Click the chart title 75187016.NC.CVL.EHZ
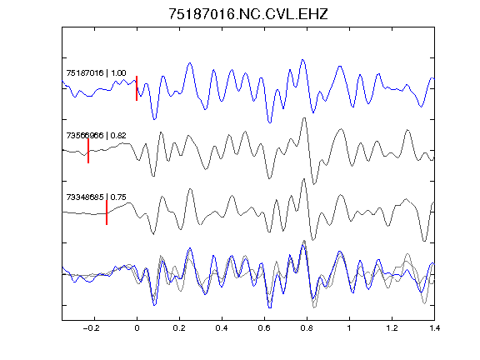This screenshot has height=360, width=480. (248, 14)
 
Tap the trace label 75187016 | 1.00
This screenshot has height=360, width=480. (96, 72)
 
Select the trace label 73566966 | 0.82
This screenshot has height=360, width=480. (96, 135)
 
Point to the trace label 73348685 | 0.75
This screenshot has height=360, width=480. (96, 197)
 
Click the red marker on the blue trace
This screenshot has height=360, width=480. (137, 88)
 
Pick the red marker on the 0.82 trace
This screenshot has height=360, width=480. (88, 151)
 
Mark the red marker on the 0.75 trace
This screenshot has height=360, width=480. (107, 212)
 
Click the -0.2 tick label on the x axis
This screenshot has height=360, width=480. (92, 328)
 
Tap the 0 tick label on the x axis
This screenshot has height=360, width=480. (137, 328)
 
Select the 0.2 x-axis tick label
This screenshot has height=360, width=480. (179, 328)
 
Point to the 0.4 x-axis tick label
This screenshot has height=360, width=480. (222, 328)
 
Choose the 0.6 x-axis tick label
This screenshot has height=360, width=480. (264, 328)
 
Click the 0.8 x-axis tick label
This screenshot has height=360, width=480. (307, 328)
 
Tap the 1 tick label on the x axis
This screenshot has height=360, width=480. (349, 328)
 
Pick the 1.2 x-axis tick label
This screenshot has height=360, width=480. (392, 328)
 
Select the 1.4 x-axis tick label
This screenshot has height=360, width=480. (434, 328)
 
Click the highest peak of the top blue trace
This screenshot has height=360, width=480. (302, 60)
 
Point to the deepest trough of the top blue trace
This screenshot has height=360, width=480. (270, 122)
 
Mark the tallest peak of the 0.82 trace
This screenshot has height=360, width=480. (304, 118)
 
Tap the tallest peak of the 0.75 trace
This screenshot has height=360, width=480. (303, 179)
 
